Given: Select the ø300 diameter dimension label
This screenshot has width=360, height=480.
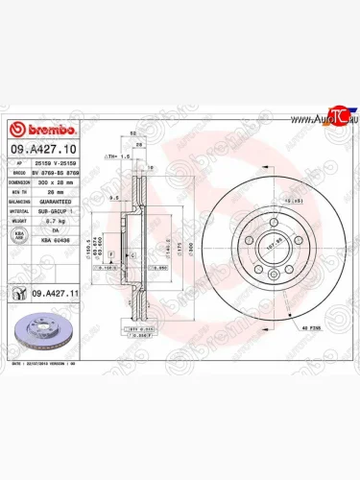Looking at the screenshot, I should (192, 247).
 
